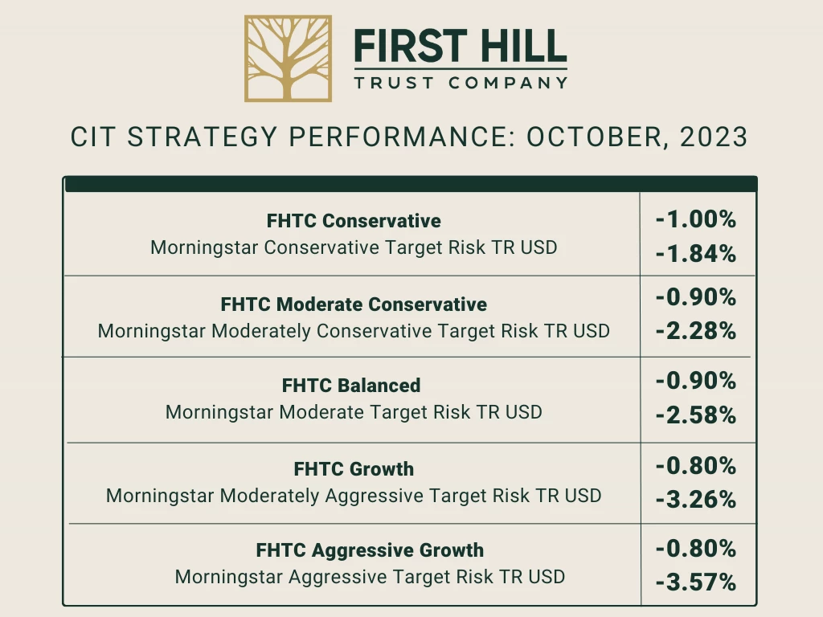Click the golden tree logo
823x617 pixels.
tap(289, 58)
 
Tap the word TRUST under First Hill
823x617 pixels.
tap(394, 83)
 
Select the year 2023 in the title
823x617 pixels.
tap(714, 137)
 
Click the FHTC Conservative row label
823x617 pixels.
tap(354, 221)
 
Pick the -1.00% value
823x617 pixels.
tap(696, 219)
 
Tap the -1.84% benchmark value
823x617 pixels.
tap(696, 254)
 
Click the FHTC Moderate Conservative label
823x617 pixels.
tap(354, 304)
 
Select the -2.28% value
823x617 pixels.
tap(696, 331)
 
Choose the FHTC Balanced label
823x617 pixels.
tap(351, 386)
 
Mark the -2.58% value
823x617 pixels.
tap(696, 415)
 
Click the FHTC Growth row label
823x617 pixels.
tap(354, 469)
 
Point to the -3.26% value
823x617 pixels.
tap(696, 500)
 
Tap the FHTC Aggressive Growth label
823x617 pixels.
tap(370, 550)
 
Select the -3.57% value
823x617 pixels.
tap(696, 582)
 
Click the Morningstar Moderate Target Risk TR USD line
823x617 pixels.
tap(354, 412)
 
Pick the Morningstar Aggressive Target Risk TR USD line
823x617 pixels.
tap(370, 577)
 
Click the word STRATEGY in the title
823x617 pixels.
tap(202, 137)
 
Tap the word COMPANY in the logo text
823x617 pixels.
tap(508, 83)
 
